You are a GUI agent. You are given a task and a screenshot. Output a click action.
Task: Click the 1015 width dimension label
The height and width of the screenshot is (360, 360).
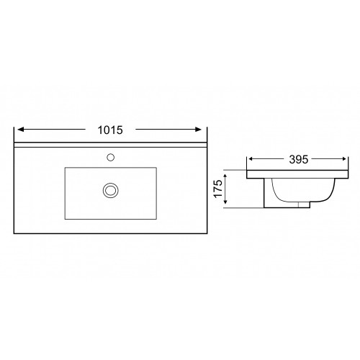110,130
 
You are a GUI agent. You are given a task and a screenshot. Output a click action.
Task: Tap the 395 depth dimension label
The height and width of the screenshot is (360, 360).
299,159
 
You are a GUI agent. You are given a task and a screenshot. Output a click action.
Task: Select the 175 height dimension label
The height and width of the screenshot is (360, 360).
218,189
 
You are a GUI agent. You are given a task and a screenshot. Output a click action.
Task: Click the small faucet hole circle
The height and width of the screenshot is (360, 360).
110,158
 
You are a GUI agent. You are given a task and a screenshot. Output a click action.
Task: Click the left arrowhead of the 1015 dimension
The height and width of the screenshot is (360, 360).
21,130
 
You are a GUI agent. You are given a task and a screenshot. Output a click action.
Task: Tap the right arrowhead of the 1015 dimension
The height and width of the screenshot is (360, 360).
199,130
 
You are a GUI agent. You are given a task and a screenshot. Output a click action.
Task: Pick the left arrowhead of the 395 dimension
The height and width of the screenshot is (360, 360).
251,158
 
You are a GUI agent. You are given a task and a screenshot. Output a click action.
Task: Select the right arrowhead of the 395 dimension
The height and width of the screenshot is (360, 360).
344,158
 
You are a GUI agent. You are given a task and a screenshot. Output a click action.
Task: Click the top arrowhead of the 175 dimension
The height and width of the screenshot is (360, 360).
225,177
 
